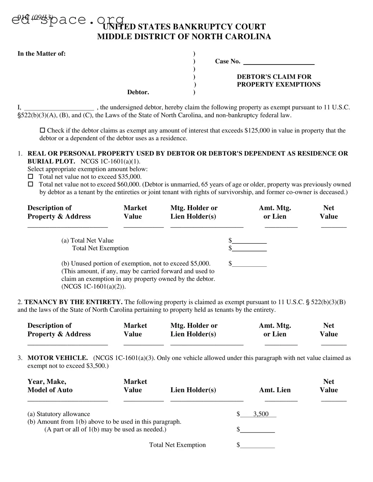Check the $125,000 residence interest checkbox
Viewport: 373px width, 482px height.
[x=42, y=130]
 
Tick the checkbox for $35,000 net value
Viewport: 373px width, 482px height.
[x=30, y=176]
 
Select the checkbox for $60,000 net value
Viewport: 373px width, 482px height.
[x=30, y=184]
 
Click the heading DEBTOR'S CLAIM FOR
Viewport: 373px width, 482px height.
[x=274, y=77]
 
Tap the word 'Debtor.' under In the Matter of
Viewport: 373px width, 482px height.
[x=138, y=92]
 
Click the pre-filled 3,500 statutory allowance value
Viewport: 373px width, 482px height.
[x=261, y=414]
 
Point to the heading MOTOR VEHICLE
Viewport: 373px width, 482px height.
[x=58, y=358]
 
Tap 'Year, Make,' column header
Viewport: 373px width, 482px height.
[x=47, y=381]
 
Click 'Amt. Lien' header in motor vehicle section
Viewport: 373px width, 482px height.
[x=275, y=390]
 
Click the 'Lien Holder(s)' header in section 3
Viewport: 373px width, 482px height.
[x=193, y=390]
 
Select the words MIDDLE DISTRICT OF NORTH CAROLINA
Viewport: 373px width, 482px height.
[x=184, y=37]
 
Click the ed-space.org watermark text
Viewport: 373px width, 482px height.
[x=68, y=19]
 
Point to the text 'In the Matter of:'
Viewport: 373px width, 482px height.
[x=42, y=53]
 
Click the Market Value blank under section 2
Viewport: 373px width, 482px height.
[x=143, y=343]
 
